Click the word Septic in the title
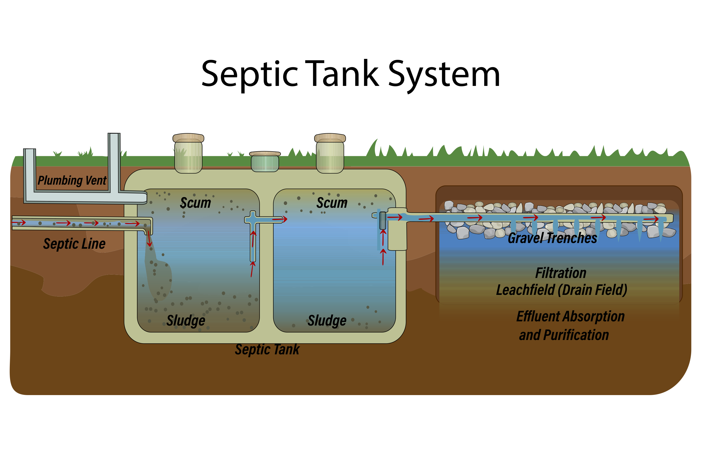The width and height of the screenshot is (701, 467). coord(250,74)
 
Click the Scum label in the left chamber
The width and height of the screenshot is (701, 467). coord(196,203)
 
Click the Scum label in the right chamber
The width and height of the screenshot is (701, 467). coord(332,203)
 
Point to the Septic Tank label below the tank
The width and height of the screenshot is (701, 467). coord(267,349)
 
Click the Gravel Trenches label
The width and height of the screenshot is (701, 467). coord(552,238)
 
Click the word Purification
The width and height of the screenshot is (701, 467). coord(576,335)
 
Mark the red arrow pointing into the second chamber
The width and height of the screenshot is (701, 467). coord(279,220)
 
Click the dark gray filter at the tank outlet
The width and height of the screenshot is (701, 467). coord(383,220)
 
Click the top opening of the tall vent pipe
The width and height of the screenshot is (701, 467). coord(114,134)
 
